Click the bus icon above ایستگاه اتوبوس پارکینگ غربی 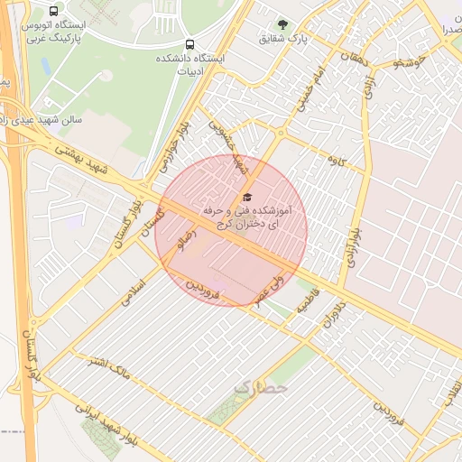tap(54, 12)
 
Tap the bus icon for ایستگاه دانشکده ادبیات tap(189, 44)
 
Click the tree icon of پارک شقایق tap(282, 25)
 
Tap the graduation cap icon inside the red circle tap(247, 198)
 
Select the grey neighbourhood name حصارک tap(260, 386)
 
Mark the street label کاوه tap(337, 161)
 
